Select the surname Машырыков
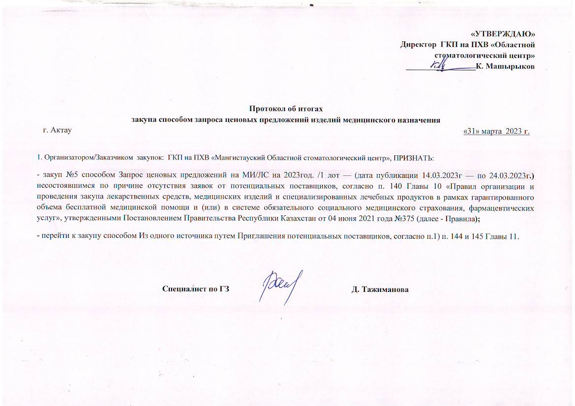[510, 66]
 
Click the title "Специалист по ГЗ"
[196, 289]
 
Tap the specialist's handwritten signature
[280, 287]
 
